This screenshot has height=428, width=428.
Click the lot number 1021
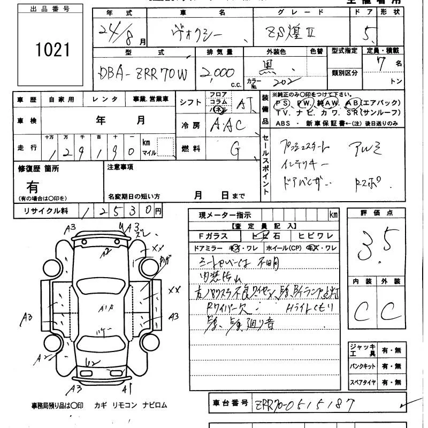(53, 50)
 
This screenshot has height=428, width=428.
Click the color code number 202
(280, 83)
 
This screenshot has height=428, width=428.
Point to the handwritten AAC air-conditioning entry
(228, 125)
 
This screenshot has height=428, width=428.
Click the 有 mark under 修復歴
(33, 187)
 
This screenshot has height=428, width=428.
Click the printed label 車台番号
(230, 402)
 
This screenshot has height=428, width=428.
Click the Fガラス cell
(213, 236)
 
